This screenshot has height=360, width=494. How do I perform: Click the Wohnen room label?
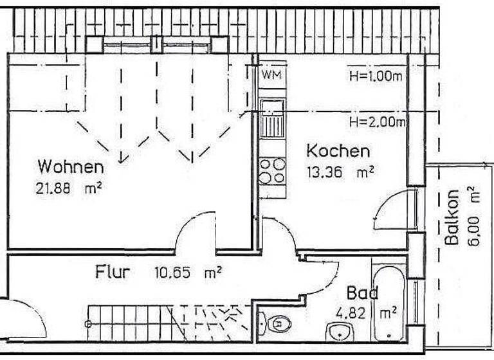pyautogui.click(x=71, y=167)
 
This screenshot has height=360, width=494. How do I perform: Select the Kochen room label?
pyautogui.click(x=338, y=152)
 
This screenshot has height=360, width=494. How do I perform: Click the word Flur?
pyautogui.click(x=113, y=272)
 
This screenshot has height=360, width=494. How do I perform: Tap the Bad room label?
pyautogui.click(x=362, y=294)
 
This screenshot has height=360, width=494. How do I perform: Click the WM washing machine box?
pyautogui.click(x=270, y=75)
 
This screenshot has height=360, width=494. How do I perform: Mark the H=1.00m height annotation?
pyautogui.click(x=376, y=76)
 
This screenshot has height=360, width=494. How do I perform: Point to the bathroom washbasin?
pyautogui.click(x=339, y=332)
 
